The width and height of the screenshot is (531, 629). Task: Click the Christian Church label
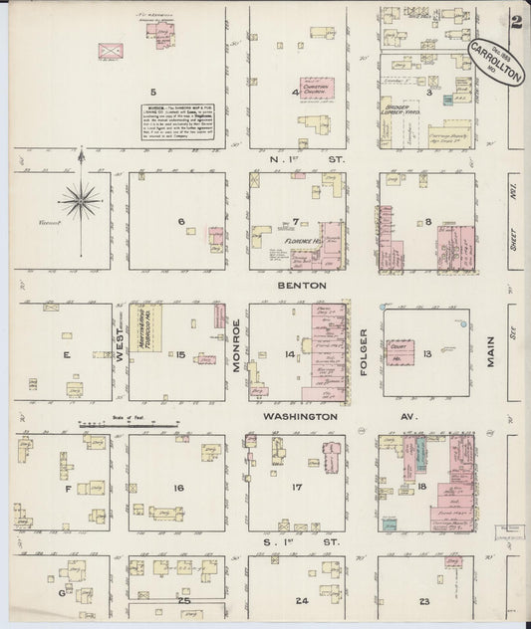316,88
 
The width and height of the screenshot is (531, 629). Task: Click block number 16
178,488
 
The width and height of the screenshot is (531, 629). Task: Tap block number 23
425,601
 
